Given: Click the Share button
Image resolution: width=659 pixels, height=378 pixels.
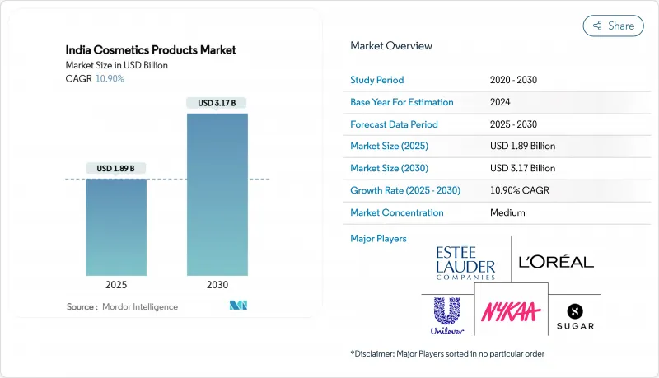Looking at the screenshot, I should [x=613, y=26].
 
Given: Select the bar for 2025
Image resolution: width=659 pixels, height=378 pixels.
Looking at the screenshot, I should [x=115, y=226].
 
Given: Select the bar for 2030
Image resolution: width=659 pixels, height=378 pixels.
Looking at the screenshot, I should [x=217, y=194].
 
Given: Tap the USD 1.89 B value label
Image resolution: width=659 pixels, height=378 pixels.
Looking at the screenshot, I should [x=115, y=169].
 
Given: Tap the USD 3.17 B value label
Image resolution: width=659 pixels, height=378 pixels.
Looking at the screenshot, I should [x=217, y=103].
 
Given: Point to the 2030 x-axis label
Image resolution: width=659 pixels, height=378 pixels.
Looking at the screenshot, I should [x=217, y=286].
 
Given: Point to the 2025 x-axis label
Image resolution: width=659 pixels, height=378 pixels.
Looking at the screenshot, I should [x=115, y=286].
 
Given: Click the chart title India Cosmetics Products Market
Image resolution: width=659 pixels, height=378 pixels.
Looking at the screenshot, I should [x=151, y=50].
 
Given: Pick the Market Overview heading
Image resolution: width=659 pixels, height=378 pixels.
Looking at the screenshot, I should [x=391, y=46].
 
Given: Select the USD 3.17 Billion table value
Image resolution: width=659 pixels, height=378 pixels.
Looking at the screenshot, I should [x=522, y=168].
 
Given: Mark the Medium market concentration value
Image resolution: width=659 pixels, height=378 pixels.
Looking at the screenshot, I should [x=507, y=212].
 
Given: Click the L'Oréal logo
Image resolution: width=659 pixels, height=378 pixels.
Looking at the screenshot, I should [x=556, y=262].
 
